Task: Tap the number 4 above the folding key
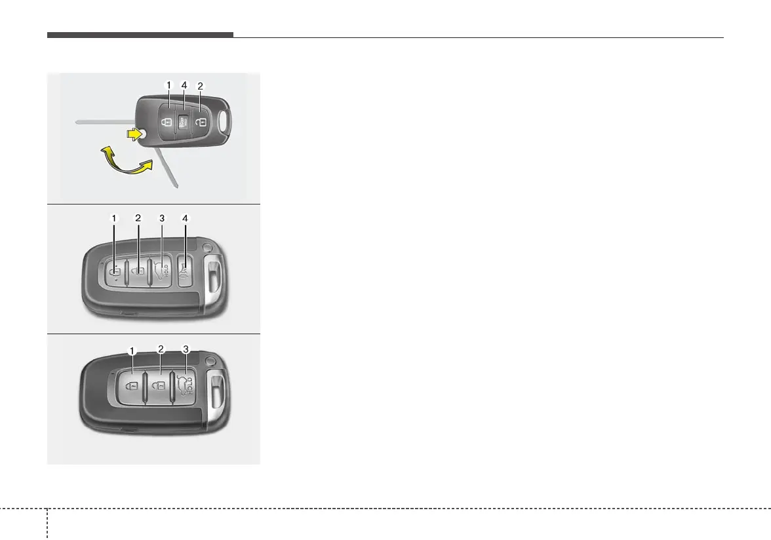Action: (184, 85)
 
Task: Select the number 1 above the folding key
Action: (168, 85)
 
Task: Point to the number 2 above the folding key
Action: (200, 85)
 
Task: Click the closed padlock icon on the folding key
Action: (168, 122)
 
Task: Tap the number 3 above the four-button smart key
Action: (161, 218)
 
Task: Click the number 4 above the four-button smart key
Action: (186, 218)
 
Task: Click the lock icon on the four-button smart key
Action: (115, 271)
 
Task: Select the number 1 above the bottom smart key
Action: (132, 351)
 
